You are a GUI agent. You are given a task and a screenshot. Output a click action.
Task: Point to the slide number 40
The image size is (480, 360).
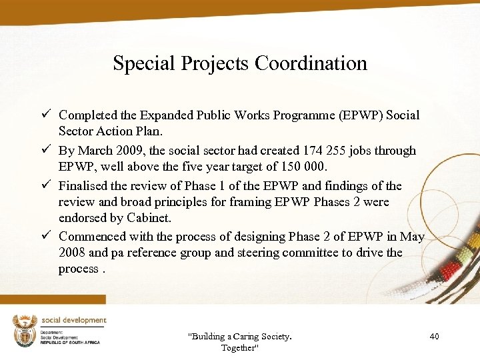tap(434, 337)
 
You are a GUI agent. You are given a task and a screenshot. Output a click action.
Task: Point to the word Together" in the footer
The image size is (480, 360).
tap(238, 348)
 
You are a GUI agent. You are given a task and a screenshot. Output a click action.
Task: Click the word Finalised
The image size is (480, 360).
tap(84, 185)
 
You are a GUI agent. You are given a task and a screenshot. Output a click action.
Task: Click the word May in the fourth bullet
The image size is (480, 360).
tap(413, 236)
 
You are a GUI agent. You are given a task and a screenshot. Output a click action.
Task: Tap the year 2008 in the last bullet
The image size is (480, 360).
tap(72, 253)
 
